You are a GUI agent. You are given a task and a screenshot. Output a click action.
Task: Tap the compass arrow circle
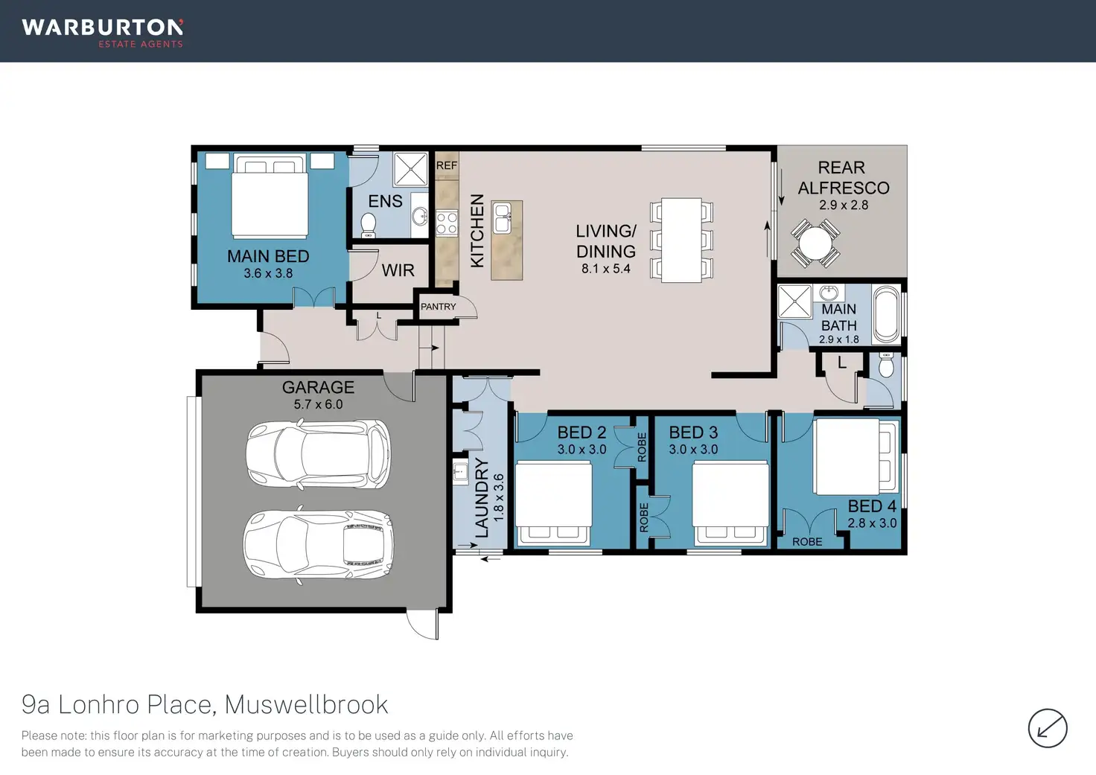coord(1047,729)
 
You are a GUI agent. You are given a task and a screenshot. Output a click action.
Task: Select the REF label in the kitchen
coord(446,165)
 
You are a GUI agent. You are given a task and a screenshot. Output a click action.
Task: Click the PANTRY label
coord(438,306)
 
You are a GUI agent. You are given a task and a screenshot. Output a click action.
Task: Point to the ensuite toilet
coord(369,226)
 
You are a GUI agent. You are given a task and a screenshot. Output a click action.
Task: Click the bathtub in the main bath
coord(886,314)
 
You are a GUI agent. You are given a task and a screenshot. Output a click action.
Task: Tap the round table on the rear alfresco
coord(815,243)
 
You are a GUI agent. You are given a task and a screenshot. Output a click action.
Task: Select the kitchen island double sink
coord(502,218)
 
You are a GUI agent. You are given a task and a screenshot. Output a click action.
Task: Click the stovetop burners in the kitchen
coord(447,223)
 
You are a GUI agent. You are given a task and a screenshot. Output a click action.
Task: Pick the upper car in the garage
coord(319,453)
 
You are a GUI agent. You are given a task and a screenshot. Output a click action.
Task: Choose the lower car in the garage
coord(318,543)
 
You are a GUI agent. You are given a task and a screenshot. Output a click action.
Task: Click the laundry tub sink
coord(460,473)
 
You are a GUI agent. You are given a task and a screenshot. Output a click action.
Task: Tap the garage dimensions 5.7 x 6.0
coord(318,404)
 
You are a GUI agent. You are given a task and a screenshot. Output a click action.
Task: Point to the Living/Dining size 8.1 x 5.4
coord(606,268)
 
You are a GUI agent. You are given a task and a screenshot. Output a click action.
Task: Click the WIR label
coord(398,270)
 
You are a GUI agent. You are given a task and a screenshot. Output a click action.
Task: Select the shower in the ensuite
coord(410,169)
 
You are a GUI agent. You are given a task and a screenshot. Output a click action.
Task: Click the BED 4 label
coord(872,506)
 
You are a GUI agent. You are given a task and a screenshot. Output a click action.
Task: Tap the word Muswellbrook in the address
coord(306,704)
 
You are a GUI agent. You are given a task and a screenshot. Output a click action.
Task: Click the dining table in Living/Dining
coord(681,240)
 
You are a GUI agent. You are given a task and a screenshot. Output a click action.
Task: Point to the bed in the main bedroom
coord(270,196)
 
